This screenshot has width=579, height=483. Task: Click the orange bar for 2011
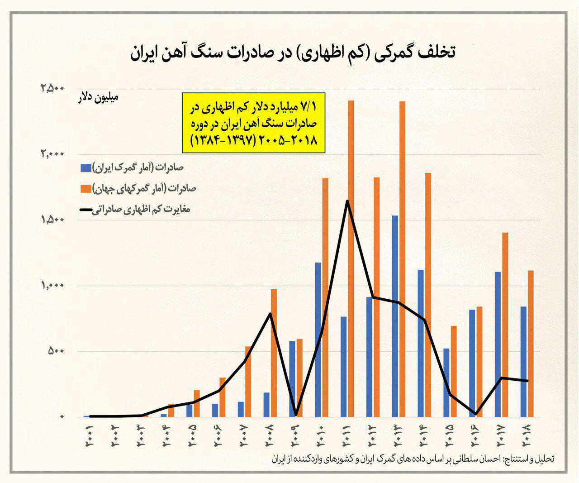[351, 258]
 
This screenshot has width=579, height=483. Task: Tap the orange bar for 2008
[274, 353]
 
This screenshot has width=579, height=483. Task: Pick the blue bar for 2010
[318, 340]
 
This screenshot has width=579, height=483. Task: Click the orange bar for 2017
[505, 325]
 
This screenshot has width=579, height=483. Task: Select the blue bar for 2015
[446, 383]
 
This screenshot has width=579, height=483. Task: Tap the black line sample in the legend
[85, 210]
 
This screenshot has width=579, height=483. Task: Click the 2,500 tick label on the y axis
[53, 89]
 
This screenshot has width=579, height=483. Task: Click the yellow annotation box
[254, 123]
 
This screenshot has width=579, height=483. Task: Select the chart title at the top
[293, 53]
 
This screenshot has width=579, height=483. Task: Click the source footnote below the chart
[413, 459]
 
